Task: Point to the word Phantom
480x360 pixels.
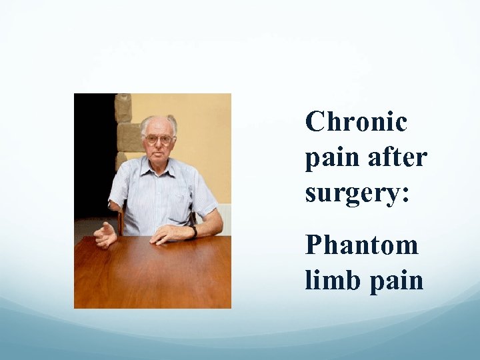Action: (x=361, y=245)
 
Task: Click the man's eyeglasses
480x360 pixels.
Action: (x=159, y=139)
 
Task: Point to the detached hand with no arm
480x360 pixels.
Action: (x=105, y=235)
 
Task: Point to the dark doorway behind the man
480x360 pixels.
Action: (x=93, y=153)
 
